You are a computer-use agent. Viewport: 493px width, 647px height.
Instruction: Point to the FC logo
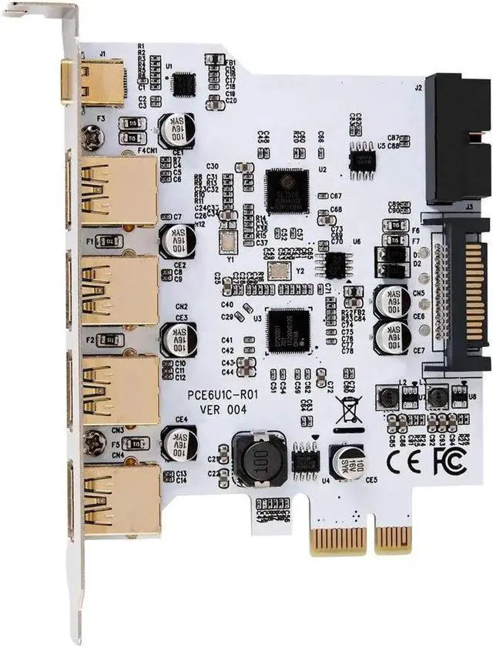447,464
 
